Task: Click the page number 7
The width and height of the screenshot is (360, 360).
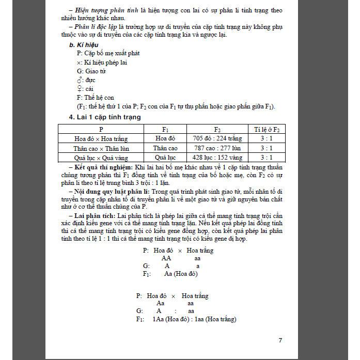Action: click(280, 340)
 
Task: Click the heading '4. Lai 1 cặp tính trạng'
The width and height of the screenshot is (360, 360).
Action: click(105, 117)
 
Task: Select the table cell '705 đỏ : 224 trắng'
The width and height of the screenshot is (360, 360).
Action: click(217, 138)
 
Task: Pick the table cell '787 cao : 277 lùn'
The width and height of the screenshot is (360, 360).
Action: click(217, 148)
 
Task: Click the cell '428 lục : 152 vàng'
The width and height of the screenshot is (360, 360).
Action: click(217, 157)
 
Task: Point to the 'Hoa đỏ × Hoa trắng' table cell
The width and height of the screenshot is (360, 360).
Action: click(101, 138)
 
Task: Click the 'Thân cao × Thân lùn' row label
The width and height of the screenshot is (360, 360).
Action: click(101, 148)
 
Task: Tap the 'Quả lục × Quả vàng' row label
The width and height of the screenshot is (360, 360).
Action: click(101, 157)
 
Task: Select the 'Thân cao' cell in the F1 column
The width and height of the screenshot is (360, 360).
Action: click(165, 148)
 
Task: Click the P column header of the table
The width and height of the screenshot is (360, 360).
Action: click(101, 129)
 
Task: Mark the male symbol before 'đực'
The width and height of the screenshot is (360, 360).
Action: click(79, 80)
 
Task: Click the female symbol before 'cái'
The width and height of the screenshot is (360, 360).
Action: click(79, 88)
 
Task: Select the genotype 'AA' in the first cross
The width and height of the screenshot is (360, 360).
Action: click(166, 258)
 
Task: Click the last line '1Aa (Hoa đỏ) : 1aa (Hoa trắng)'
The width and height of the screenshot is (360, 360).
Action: click(194, 319)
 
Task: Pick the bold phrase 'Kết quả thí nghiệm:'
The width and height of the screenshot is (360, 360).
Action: click(103, 168)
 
